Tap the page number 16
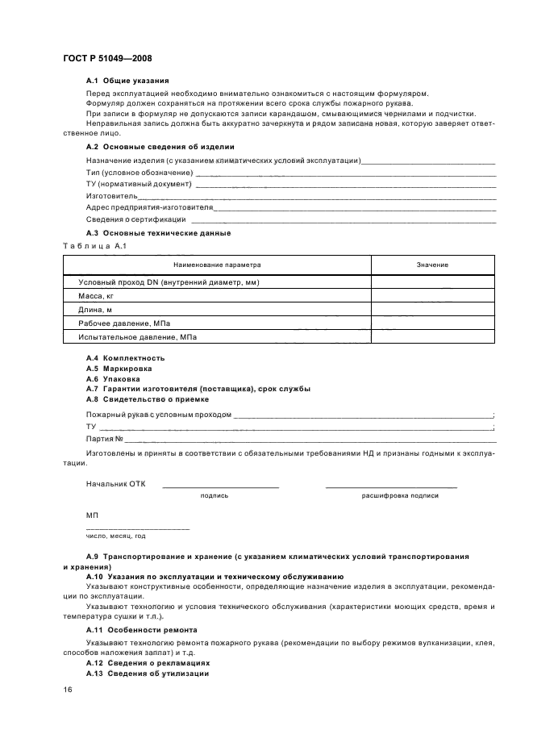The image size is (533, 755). pyautogui.click(x=68, y=690)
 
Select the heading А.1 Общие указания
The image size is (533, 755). pyautogui.click(x=127, y=81)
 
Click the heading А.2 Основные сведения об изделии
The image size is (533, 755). pyautogui.click(x=160, y=147)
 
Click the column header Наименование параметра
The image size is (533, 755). pyautogui.click(x=217, y=265)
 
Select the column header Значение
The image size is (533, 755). pyautogui.click(x=432, y=265)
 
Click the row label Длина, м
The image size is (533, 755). pyautogui.click(x=95, y=310)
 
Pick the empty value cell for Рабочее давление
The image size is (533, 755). pyautogui.click(x=432, y=323)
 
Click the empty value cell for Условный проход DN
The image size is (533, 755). pyautogui.click(x=432, y=282)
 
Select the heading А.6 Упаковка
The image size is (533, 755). pyautogui.click(x=113, y=378)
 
